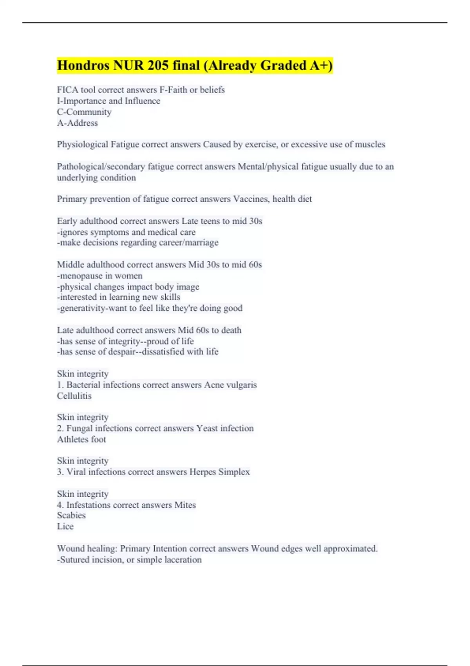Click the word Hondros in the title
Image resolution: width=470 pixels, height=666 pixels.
pyautogui.click(x=83, y=65)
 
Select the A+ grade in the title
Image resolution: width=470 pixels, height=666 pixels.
pyautogui.click(x=321, y=65)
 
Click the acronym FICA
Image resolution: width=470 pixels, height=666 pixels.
pyautogui.click(x=67, y=90)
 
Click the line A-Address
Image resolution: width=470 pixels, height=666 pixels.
pyautogui.click(x=78, y=123)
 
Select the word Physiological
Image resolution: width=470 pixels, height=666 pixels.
pyautogui.click(x=82, y=145)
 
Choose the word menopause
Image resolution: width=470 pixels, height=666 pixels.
pyautogui.click(x=82, y=276)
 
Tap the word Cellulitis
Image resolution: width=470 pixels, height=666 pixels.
pyautogui.click(x=74, y=396)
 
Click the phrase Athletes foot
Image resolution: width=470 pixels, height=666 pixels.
pyautogui.click(x=81, y=439)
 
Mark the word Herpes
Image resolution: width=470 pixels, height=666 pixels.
pyautogui.click(x=202, y=472)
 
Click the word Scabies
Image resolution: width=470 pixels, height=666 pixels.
pyautogui.click(x=71, y=516)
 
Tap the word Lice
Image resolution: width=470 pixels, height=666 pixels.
pyautogui.click(x=65, y=527)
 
